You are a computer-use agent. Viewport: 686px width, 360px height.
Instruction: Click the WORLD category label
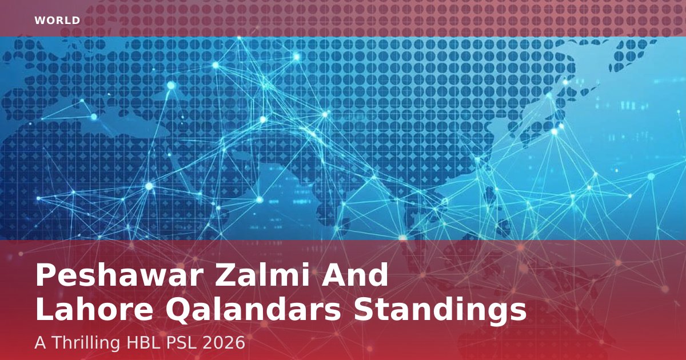(x=57, y=21)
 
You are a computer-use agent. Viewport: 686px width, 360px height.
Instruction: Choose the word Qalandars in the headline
(x=253, y=310)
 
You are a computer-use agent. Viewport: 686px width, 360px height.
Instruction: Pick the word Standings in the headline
(x=440, y=311)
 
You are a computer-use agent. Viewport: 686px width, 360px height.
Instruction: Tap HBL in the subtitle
(x=143, y=342)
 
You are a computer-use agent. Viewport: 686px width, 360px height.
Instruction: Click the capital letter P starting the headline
(x=46, y=275)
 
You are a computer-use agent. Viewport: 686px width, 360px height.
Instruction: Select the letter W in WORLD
(x=39, y=21)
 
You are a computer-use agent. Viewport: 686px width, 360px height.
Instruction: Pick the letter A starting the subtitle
(x=41, y=342)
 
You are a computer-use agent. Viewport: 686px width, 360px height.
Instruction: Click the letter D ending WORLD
(x=76, y=21)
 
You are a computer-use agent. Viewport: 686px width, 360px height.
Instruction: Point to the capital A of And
(x=333, y=275)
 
